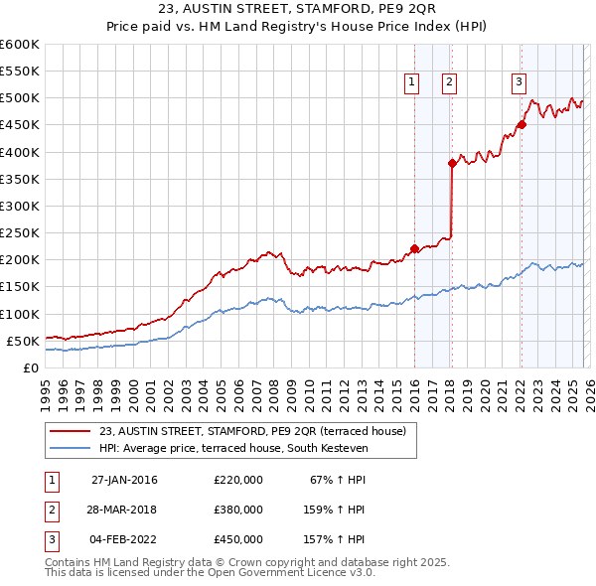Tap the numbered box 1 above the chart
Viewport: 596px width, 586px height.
click(411, 82)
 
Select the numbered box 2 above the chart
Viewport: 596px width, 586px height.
click(449, 82)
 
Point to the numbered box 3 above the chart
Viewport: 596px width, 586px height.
click(519, 82)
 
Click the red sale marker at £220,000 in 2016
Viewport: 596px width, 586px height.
click(414, 249)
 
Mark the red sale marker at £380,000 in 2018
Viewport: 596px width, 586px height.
click(452, 163)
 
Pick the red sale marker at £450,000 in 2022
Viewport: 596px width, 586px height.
click(521, 125)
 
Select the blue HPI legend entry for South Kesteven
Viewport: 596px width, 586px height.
click(233, 449)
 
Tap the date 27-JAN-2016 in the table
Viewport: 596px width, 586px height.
click(124, 481)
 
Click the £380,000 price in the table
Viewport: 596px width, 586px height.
click(238, 510)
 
